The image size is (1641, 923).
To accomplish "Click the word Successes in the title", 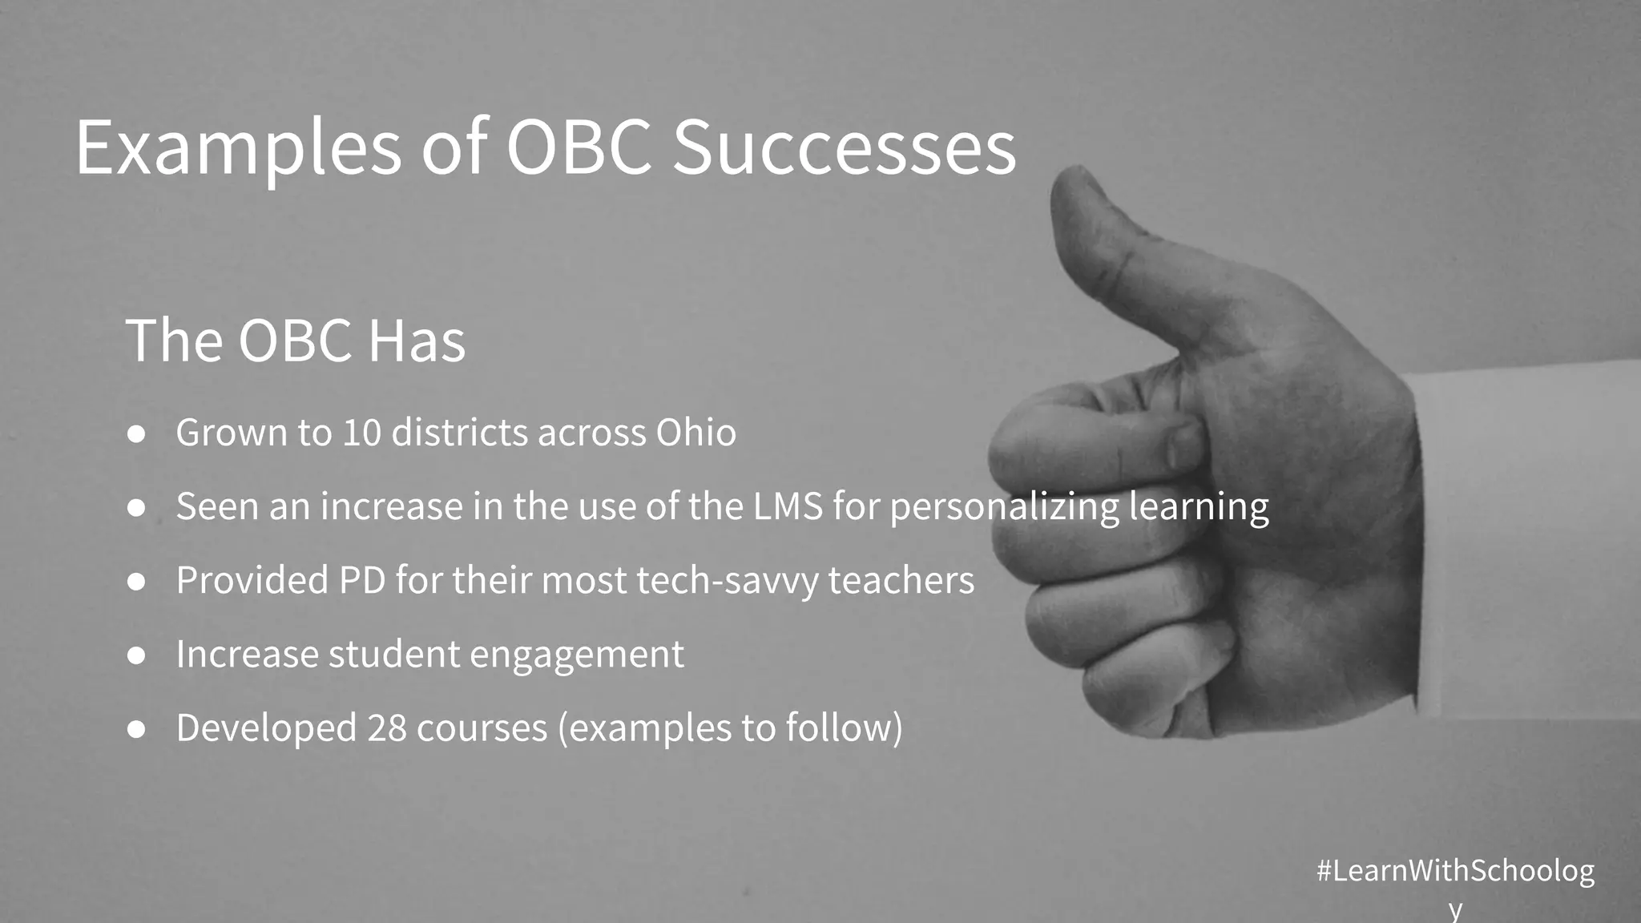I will click(x=844, y=147).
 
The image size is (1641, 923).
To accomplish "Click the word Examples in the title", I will click(x=238, y=149).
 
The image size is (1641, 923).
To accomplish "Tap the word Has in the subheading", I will click(x=416, y=341).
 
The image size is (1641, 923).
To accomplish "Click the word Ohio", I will click(x=696, y=433).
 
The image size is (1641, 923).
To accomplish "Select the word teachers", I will click(x=901, y=580).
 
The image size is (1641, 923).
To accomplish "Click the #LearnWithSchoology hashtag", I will click(x=1455, y=872).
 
